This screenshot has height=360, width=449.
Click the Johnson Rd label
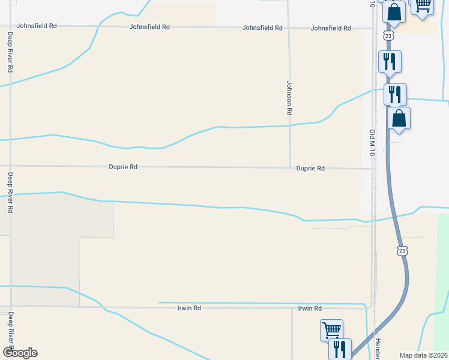tap(289, 98)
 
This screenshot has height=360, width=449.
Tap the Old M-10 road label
tap(372, 143)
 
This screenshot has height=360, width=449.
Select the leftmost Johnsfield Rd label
tap(37, 26)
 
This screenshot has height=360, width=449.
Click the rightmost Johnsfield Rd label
tap(331, 28)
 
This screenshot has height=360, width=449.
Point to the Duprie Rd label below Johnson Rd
tap(310, 169)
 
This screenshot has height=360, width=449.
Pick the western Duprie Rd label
tap(123, 167)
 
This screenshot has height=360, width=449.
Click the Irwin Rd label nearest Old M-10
tap(310, 308)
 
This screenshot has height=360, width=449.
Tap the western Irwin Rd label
tap(188, 308)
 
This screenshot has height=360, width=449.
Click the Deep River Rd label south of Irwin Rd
tap(10, 328)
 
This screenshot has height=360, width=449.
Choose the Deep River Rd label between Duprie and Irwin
tap(10, 193)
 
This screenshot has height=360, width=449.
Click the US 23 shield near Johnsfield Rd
tap(389, 37)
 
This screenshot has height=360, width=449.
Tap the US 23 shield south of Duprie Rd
tap(401, 250)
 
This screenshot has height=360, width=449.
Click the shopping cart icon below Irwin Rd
tap(331, 329)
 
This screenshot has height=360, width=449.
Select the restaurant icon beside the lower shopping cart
tap(340, 348)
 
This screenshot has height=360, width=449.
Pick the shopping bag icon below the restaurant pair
tap(399, 118)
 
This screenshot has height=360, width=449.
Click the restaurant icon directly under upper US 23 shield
tap(389, 61)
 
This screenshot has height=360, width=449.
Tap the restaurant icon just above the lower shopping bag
tap(395, 94)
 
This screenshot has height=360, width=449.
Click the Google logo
tap(20, 353)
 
